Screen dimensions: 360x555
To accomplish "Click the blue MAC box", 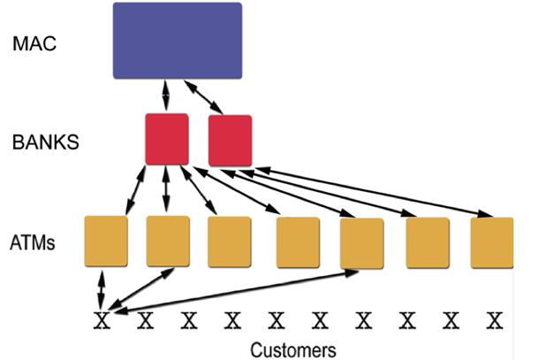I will [178, 40].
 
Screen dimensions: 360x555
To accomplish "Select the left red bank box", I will [167, 138].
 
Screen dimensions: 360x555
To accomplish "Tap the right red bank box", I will [230, 140].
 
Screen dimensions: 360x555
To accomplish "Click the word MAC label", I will [34, 44].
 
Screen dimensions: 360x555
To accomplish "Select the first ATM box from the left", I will [106, 241].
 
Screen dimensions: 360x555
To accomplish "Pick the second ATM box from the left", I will [168, 241].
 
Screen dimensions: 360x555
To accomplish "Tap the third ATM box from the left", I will [230, 241].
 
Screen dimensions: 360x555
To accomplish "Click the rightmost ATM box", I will [492, 241].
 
